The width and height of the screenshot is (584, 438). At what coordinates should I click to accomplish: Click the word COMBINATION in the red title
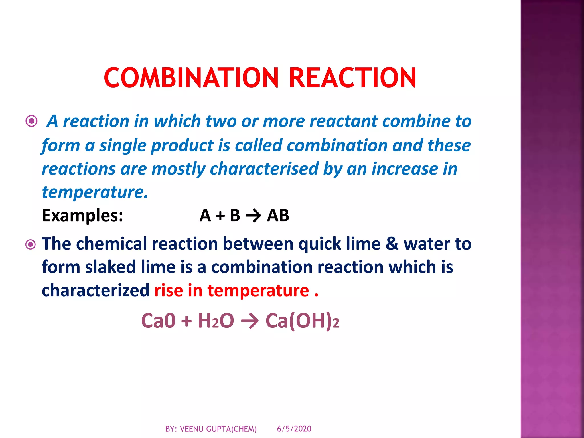(x=191, y=78)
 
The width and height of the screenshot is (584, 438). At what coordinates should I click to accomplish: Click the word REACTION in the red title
(x=352, y=78)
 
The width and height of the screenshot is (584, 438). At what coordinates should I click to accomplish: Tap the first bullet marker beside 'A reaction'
(x=31, y=121)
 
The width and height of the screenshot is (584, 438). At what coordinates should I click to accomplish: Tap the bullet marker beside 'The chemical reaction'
(x=31, y=244)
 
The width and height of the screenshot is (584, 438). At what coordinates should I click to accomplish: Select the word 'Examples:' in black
(x=82, y=215)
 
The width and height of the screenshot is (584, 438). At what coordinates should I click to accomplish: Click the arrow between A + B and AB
(x=253, y=216)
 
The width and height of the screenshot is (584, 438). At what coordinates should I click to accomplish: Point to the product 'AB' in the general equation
(x=278, y=215)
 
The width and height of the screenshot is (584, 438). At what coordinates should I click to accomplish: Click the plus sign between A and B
(x=220, y=216)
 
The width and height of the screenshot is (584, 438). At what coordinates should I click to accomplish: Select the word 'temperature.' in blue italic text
(x=95, y=192)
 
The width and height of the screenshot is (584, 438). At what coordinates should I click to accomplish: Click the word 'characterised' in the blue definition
(x=264, y=169)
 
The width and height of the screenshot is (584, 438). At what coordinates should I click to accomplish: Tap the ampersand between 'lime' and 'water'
(x=392, y=244)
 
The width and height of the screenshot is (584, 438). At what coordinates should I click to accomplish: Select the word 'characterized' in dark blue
(x=96, y=291)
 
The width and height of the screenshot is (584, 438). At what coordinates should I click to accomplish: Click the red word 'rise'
(x=169, y=291)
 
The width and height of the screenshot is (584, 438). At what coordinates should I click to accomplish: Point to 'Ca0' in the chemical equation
(x=158, y=321)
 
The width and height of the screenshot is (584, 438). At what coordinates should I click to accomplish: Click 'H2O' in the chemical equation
(x=216, y=321)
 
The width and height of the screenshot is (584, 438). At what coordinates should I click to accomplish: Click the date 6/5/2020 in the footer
(x=294, y=429)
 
